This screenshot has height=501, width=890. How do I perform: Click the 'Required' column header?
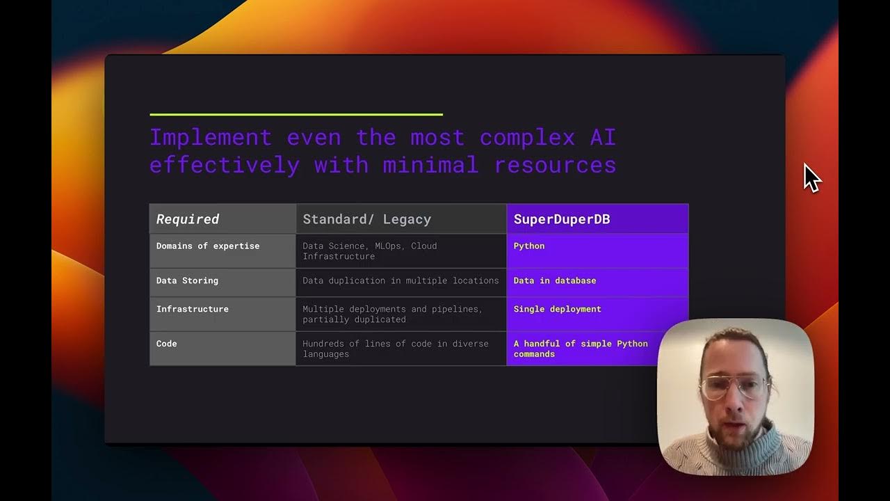(188, 219)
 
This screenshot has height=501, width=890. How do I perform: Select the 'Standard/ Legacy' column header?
(366, 219)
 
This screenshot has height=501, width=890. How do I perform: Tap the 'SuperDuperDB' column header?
(562, 219)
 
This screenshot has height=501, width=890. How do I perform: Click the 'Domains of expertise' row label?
(208, 246)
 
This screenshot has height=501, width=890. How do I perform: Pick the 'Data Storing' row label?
(187, 280)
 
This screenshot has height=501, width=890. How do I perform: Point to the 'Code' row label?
(167, 344)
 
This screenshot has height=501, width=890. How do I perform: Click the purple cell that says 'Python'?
(529, 246)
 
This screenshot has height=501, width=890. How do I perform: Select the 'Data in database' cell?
(555, 280)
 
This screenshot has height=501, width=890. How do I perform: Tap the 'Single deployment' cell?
(558, 309)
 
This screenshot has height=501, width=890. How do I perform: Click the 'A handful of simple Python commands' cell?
(581, 349)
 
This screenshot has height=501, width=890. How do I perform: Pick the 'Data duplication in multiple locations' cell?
(400, 280)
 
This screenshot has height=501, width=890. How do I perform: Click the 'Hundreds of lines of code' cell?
(396, 349)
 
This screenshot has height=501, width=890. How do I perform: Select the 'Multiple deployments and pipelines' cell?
(392, 314)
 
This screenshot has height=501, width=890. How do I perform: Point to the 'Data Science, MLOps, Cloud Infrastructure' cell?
(370, 250)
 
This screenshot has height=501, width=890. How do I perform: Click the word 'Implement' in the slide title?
(210, 137)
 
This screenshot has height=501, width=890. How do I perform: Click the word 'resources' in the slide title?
(555, 165)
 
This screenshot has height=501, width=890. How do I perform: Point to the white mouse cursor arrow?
(811, 177)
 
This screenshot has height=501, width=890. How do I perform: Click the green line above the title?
(296, 114)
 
